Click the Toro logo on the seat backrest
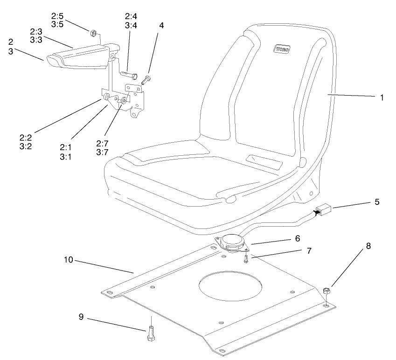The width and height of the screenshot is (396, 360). click(x=282, y=48)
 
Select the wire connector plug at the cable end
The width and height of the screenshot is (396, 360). click(x=324, y=212)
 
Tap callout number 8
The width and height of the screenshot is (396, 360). click(x=368, y=246)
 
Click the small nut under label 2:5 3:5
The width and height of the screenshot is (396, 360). click(x=92, y=33)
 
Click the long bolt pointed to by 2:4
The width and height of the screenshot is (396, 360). click(x=129, y=74)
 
